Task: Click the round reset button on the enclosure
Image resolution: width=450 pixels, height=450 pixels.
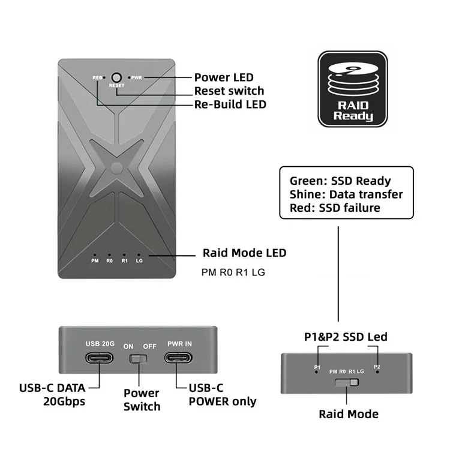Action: (x=116, y=77)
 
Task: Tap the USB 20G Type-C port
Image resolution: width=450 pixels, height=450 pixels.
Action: (x=99, y=358)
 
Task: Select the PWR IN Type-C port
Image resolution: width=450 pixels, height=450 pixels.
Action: (x=178, y=358)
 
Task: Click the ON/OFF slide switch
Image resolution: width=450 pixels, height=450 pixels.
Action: (x=138, y=359)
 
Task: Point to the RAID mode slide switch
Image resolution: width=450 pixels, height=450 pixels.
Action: (x=347, y=382)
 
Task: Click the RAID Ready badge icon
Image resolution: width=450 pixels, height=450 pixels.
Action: (x=353, y=89)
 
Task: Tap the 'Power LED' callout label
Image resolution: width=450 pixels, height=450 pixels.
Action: (x=224, y=77)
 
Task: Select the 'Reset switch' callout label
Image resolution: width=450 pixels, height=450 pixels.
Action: (x=229, y=91)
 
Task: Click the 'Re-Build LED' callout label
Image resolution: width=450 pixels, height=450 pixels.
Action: (x=230, y=104)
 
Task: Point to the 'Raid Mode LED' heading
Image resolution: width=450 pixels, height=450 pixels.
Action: (x=245, y=253)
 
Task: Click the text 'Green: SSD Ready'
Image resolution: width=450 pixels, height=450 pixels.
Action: (x=340, y=181)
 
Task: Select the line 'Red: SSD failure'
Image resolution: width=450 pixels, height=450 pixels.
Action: (x=335, y=208)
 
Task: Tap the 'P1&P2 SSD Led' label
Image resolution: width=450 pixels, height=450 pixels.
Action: (x=346, y=337)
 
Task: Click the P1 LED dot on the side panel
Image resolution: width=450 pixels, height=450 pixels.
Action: (x=317, y=372)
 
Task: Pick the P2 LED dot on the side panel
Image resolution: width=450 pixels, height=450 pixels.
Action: (x=377, y=372)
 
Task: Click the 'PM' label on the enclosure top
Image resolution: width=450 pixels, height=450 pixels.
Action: (x=95, y=261)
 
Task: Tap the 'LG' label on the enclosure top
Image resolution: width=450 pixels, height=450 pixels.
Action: (x=139, y=261)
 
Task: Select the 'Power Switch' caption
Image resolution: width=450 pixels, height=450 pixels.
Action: (x=142, y=400)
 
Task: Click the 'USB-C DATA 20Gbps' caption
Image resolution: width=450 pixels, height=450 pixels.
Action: (x=52, y=395)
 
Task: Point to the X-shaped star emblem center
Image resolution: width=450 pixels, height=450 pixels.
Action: (x=116, y=168)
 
